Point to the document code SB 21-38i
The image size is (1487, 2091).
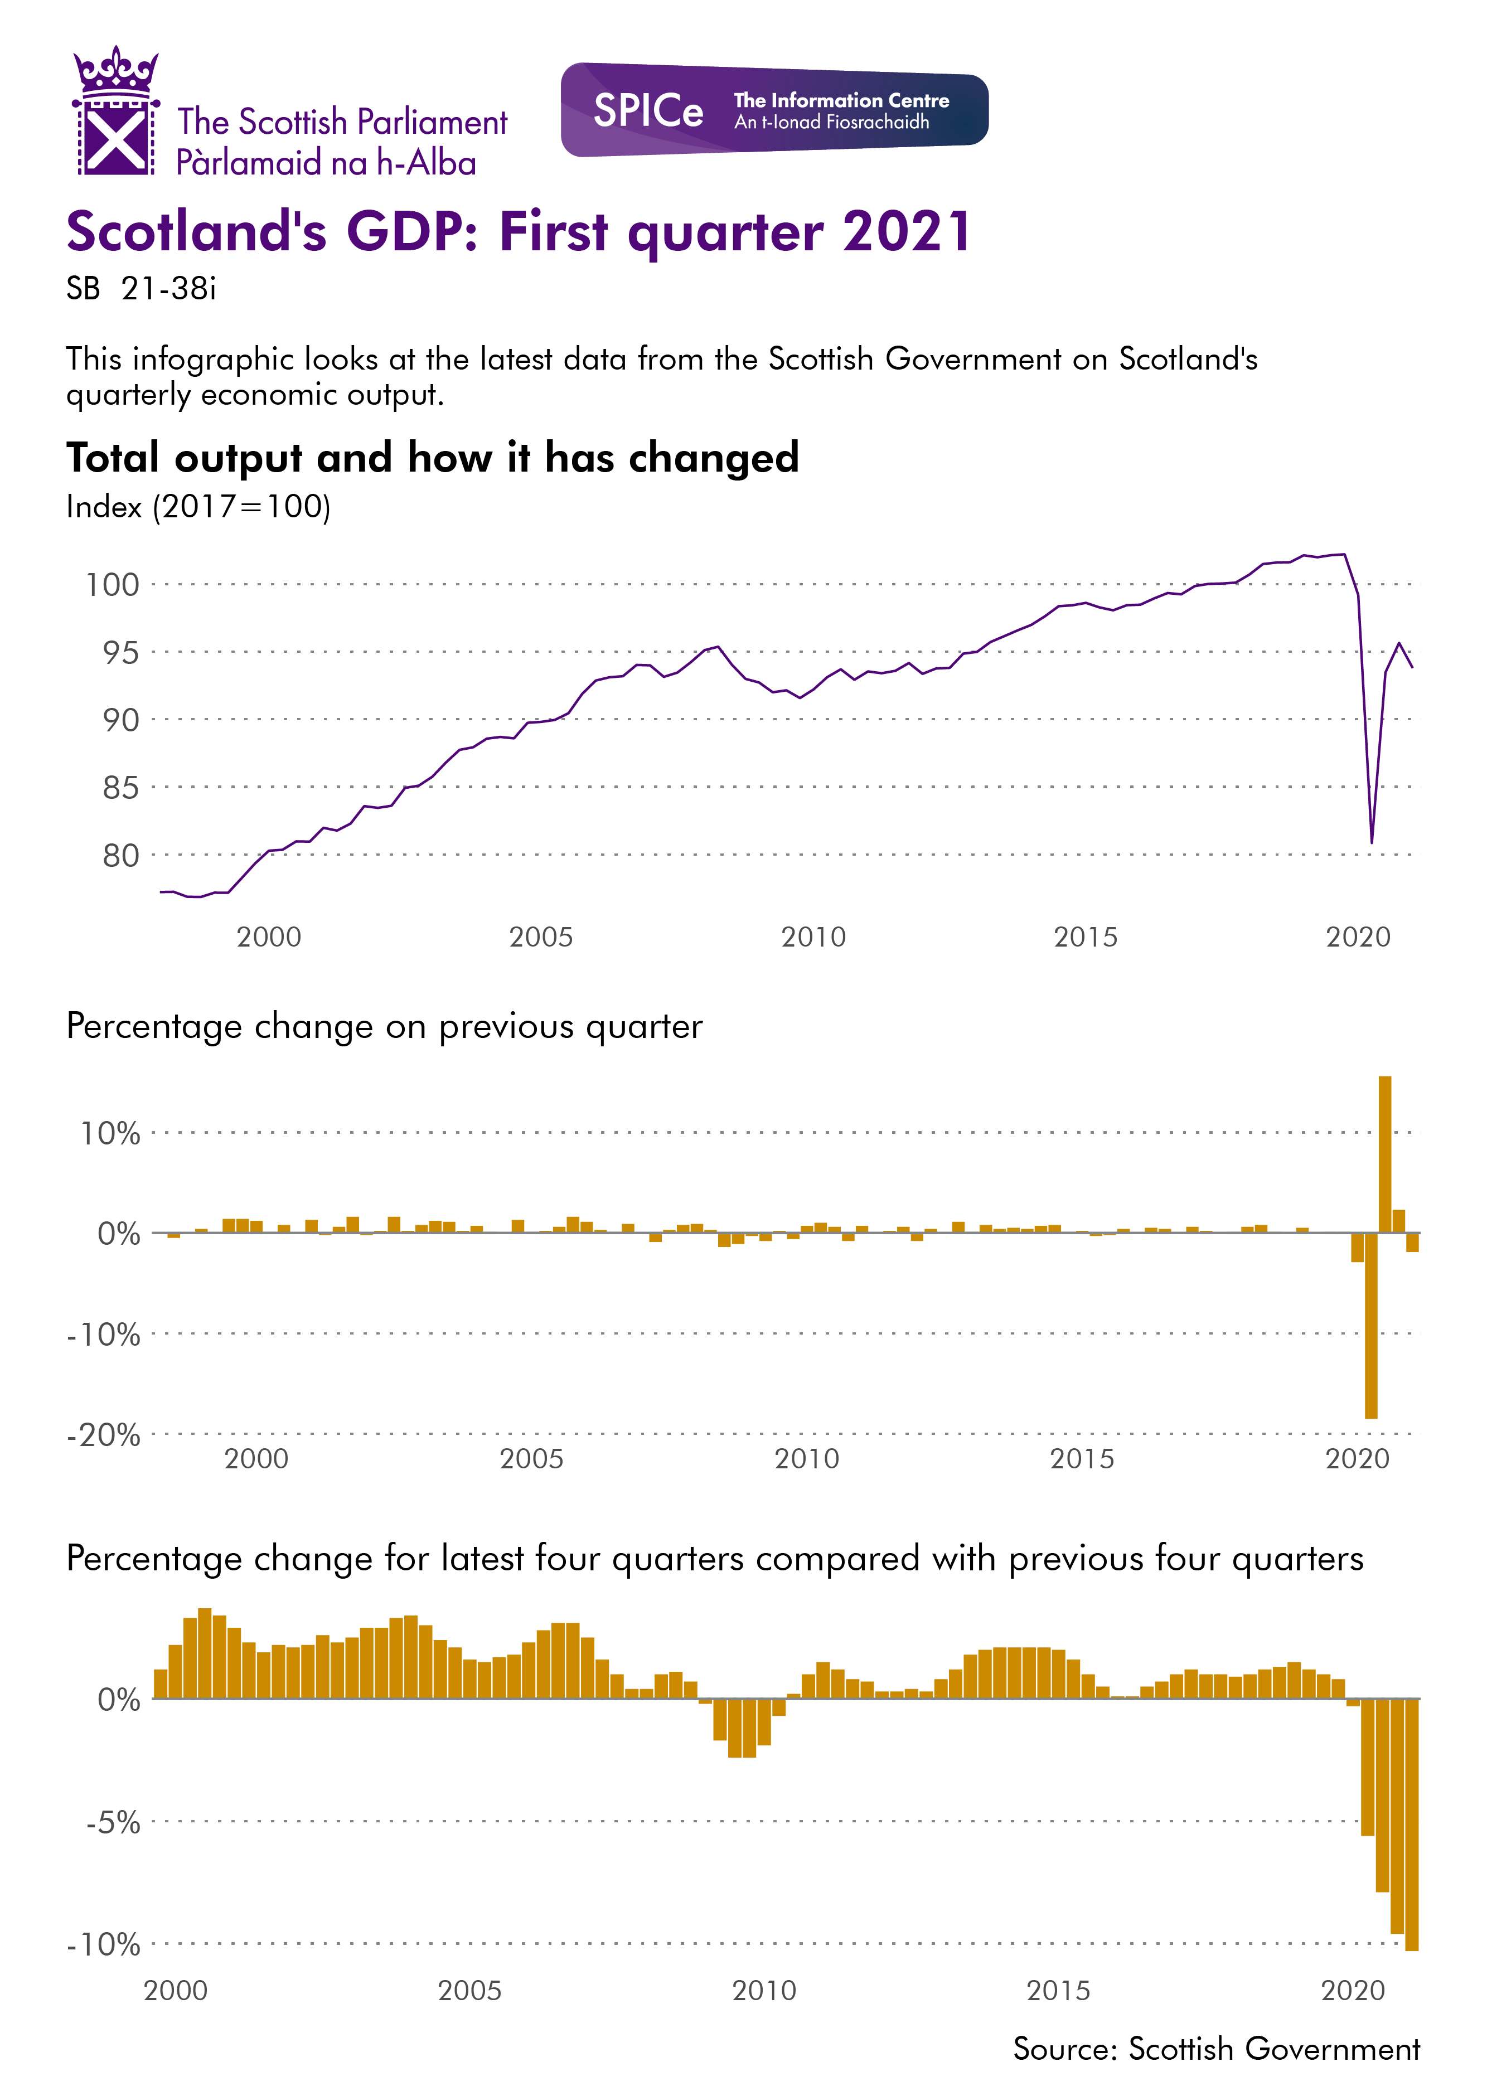[x=141, y=289]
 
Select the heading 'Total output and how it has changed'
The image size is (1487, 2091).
[x=432, y=458]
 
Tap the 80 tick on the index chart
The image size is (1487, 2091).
[x=120, y=855]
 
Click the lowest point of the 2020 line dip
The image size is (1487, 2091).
[x=1370, y=841]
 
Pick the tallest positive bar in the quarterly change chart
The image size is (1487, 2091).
[x=1384, y=1153]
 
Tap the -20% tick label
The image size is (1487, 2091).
[x=104, y=1434]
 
